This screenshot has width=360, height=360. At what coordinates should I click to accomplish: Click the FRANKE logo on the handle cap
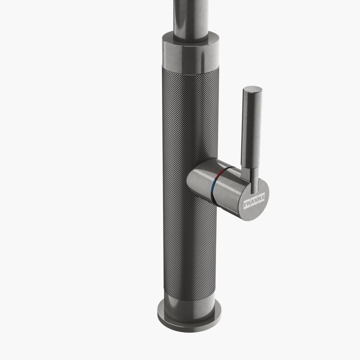click(254, 201)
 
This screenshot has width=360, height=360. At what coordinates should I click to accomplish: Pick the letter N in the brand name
click(255, 200)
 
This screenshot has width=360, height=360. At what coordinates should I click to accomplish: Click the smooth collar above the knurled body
click(189, 54)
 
